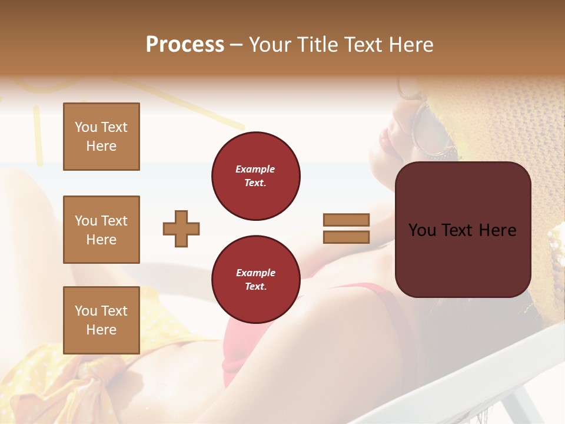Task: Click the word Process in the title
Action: pyautogui.click(x=185, y=45)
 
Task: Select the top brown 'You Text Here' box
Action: pyautogui.click(x=101, y=137)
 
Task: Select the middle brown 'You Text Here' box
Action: pyautogui.click(x=101, y=230)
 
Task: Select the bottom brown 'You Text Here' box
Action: pyautogui.click(x=101, y=320)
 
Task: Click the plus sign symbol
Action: pyautogui.click(x=181, y=228)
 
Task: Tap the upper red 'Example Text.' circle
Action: pyautogui.click(x=255, y=176)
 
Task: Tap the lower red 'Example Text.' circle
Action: pyautogui.click(x=255, y=280)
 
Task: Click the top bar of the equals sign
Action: pyautogui.click(x=346, y=220)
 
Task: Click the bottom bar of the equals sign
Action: pyautogui.click(x=346, y=237)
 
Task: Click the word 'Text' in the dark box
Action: pyautogui.click(x=461, y=230)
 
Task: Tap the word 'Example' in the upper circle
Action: pyautogui.click(x=255, y=170)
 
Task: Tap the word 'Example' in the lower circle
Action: pyautogui.click(x=255, y=273)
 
